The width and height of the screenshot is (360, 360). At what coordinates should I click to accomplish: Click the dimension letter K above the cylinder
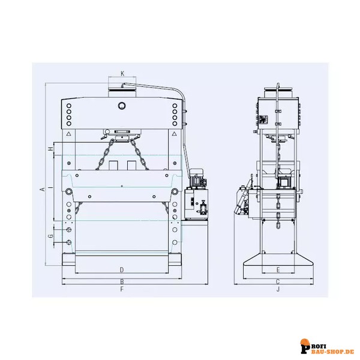[x=122, y=73]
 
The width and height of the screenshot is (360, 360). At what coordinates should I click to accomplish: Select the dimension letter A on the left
[x=43, y=189]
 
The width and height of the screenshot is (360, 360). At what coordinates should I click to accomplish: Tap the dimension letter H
[x=51, y=149]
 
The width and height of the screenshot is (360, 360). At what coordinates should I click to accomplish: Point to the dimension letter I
[x=51, y=187]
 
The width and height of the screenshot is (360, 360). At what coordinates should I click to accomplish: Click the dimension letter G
[x=50, y=236]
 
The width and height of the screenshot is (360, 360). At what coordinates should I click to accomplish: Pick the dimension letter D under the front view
[x=122, y=270]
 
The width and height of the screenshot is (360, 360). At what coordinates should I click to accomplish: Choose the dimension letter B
[x=122, y=282]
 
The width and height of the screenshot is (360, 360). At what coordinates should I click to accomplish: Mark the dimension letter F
[x=122, y=289]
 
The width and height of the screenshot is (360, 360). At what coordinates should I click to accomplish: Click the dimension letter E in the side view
[x=278, y=270]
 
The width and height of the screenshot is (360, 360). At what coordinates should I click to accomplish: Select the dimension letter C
[x=278, y=282]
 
